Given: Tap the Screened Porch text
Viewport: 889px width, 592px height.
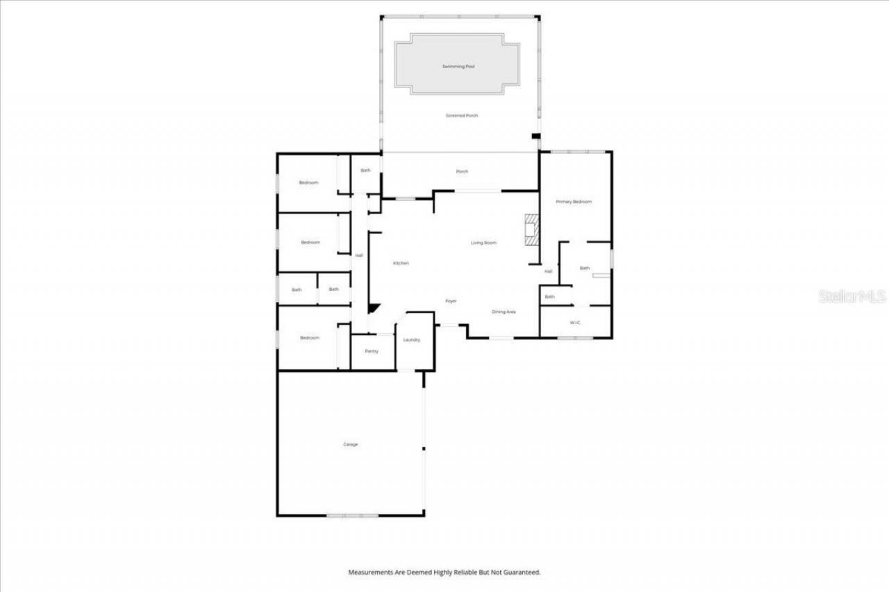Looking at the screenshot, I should pos(462,115).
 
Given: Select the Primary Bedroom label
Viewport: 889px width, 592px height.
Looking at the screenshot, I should pos(574,201).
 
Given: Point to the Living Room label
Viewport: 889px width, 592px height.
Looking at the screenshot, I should pos(483,242).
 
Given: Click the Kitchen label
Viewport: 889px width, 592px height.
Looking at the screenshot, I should pos(401,263).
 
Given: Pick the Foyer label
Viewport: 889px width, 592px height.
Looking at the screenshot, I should pos(451,301).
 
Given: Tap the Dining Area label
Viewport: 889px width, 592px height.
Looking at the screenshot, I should pos(504,312).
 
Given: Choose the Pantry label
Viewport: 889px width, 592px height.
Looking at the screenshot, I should pos(372,351).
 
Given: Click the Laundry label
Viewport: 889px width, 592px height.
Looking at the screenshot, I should pos(411,339).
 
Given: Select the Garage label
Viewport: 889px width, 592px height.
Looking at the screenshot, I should pos(350,444).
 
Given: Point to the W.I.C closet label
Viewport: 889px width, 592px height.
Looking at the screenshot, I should pos(575,323).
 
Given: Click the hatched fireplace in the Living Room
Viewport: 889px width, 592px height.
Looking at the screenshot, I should pos(531,229).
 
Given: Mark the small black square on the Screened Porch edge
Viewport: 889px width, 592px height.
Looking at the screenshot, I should pos(535,136).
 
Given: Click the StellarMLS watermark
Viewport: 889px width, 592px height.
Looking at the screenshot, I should pos(852,296).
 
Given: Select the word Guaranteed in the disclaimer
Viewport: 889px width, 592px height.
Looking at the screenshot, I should pos(523,573).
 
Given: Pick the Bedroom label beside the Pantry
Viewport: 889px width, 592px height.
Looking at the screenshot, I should pos(309,337).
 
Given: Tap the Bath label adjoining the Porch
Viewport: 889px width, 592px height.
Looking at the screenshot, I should pos(365,170).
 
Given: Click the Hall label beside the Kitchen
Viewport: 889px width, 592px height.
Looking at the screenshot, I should pos(359,255).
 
